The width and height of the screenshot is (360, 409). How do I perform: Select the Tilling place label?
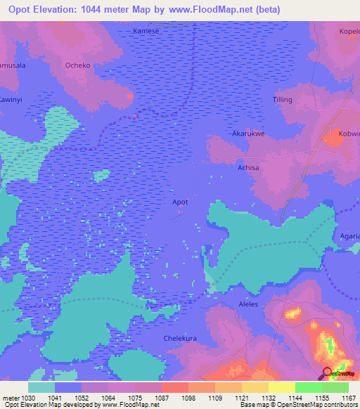click(282, 100)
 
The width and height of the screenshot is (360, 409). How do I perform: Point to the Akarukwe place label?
click(248, 133)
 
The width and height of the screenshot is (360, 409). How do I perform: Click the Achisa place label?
click(248, 168)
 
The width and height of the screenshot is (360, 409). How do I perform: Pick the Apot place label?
click(181, 202)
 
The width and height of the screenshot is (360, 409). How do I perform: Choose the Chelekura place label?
click(179, 338)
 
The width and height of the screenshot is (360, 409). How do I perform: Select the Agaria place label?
click(349, 237)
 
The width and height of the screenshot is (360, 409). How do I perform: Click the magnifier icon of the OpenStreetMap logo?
click(327, 373)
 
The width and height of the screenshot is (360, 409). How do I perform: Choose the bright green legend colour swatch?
click(308, 387)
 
